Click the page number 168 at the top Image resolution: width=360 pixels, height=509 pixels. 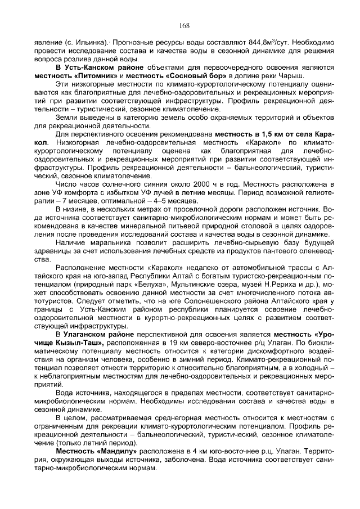point(184,25)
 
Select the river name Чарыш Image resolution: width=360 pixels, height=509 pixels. point(291,75)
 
